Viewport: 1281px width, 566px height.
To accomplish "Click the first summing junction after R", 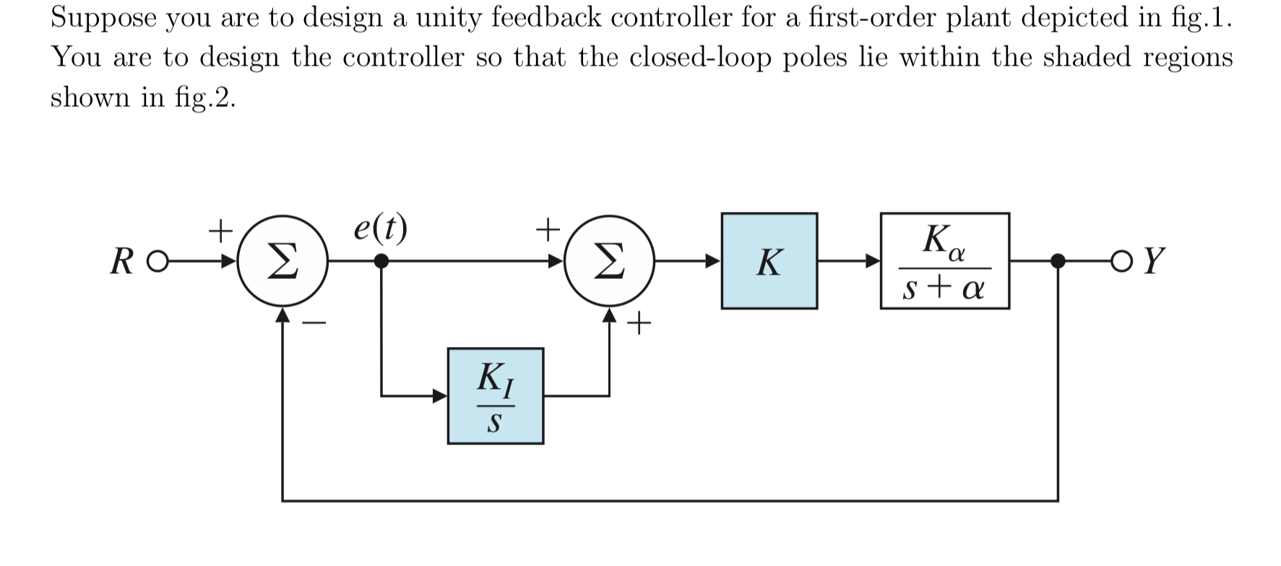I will [283, 261].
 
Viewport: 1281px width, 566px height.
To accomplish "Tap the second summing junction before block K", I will [609, 261].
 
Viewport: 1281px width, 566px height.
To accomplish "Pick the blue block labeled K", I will [769, 261].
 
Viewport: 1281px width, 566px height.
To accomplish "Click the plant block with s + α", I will [944, 261].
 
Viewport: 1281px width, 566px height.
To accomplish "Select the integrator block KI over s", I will [495, 396].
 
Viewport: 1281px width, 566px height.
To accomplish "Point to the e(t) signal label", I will [380, 228].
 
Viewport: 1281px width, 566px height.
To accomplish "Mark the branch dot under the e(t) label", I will [381, 261].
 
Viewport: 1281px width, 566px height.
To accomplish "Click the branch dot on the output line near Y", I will [1058, 261].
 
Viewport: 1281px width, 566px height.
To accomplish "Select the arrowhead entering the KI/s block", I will [439, 396].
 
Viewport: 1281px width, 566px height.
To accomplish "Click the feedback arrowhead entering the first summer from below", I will [283, 315].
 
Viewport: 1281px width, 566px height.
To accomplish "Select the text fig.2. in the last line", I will [205, 97].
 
